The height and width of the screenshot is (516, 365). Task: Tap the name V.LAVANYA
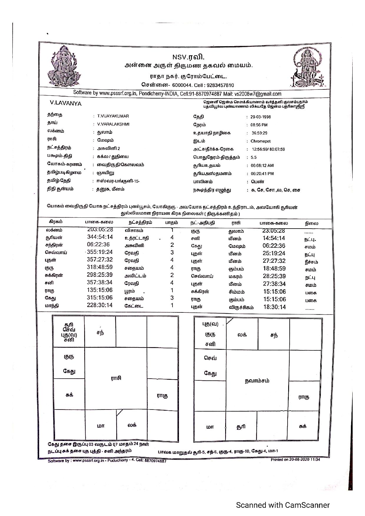pyautogui.click(x=66, y=104)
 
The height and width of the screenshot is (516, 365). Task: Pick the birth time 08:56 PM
pyautogui.click(x=259, y=125)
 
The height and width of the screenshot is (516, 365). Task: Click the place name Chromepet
pyautogui.click(x=261, y=141)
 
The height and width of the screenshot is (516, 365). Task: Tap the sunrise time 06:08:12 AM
pyautogui.click(x=262, y=166)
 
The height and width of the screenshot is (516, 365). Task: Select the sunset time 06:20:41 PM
pyautogui.click(x=262, y=174)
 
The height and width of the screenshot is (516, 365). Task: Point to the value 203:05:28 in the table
pyautogui.click(x=100, y=229)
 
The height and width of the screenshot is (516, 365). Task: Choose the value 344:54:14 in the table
pyautogui.click(x=100, y=237)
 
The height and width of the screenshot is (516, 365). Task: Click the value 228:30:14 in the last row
pyautogui.click(x=99, y=305)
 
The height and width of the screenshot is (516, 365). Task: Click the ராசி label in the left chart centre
pyautogui.click(x=116, y=378)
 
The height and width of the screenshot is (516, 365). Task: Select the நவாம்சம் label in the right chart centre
pyautogui.click(x=257, y=381)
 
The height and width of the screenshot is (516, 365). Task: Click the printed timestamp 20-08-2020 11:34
pyautogui.click(x=305, y=460)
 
